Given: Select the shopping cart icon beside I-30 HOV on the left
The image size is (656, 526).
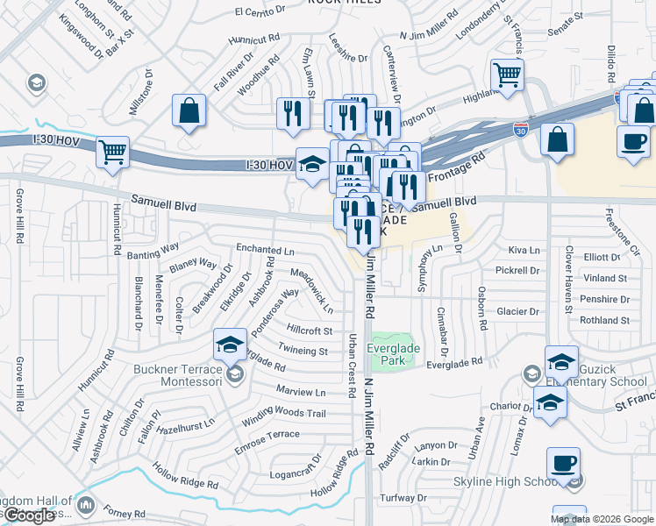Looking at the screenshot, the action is coord(113,152).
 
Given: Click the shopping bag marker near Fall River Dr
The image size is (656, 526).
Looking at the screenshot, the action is coord(189,110).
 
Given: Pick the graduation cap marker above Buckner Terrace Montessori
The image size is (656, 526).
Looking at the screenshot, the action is coord(230,343).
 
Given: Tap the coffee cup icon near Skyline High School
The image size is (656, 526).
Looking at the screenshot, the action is coord(563,462).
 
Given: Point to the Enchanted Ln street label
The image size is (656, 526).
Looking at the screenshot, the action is coord(265,250).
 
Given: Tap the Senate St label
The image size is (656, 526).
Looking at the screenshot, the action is coord(566,17).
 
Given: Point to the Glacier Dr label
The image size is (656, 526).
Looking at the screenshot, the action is coord(517,311).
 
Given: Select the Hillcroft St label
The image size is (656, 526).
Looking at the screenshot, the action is coord(310,331).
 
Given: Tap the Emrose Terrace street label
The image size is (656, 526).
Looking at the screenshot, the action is coord(267,435).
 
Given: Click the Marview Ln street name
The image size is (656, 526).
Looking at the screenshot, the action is coord(300,390).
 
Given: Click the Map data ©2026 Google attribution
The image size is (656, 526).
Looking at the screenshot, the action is coord(602,519).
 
